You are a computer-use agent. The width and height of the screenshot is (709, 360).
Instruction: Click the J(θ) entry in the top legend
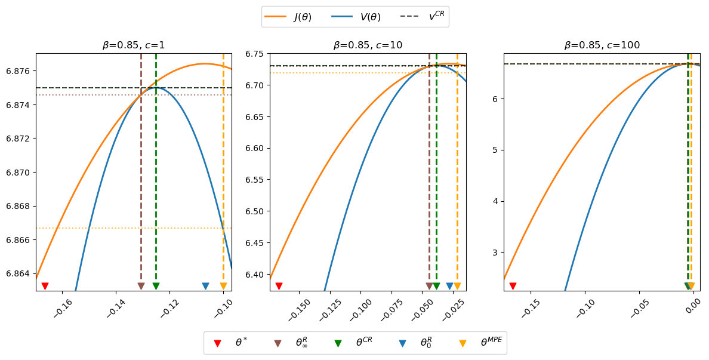point(289,17)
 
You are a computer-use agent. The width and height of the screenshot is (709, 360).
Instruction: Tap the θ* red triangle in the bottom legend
point(217,343)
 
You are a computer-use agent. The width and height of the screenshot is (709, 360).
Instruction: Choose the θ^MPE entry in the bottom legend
point(463,343)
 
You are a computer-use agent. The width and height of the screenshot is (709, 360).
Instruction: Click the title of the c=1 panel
point(134,45)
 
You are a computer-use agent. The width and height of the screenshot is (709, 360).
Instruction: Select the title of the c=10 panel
point(368,45)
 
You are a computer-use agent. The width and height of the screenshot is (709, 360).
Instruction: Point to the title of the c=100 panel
point(602,45)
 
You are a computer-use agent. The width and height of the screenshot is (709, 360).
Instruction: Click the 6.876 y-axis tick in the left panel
point(21,71)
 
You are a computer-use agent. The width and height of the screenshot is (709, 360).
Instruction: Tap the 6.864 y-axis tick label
point(21,273)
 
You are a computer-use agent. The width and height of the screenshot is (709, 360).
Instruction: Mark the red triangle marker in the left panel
point(45,286)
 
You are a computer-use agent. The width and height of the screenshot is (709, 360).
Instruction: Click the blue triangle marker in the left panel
point(205,286)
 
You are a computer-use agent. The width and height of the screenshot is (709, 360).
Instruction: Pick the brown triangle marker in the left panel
point(141,286)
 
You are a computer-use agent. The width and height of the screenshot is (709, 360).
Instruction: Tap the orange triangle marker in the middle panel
point(457,286)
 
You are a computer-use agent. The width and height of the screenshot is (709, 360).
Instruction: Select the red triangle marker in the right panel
point(513,286)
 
